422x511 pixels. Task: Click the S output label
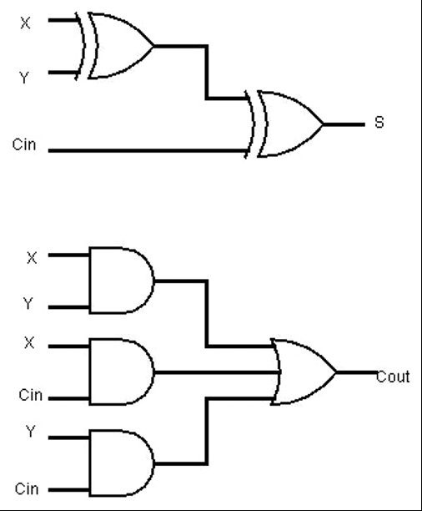click(379, 123)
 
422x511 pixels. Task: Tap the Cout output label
click(394, 377)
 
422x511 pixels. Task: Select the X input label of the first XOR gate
click(25, 23)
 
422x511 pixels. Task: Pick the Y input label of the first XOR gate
click(25, 78)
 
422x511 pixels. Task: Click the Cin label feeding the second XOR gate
click(24, 144)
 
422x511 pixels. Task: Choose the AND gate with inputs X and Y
click(122, 281)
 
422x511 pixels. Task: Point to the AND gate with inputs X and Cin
click(122, 372)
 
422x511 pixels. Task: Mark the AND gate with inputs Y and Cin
click(122, 463)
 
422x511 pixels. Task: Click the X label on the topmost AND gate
click(32, 258)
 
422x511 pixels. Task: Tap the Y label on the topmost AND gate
click(29, 305)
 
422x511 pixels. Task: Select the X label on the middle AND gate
click(30, 343)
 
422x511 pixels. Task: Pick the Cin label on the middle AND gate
click(30, 395)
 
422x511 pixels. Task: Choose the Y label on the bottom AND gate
click(29, 434)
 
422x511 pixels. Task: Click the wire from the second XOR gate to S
click(343, 124)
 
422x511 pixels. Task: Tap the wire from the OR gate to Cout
click(356, 372)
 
